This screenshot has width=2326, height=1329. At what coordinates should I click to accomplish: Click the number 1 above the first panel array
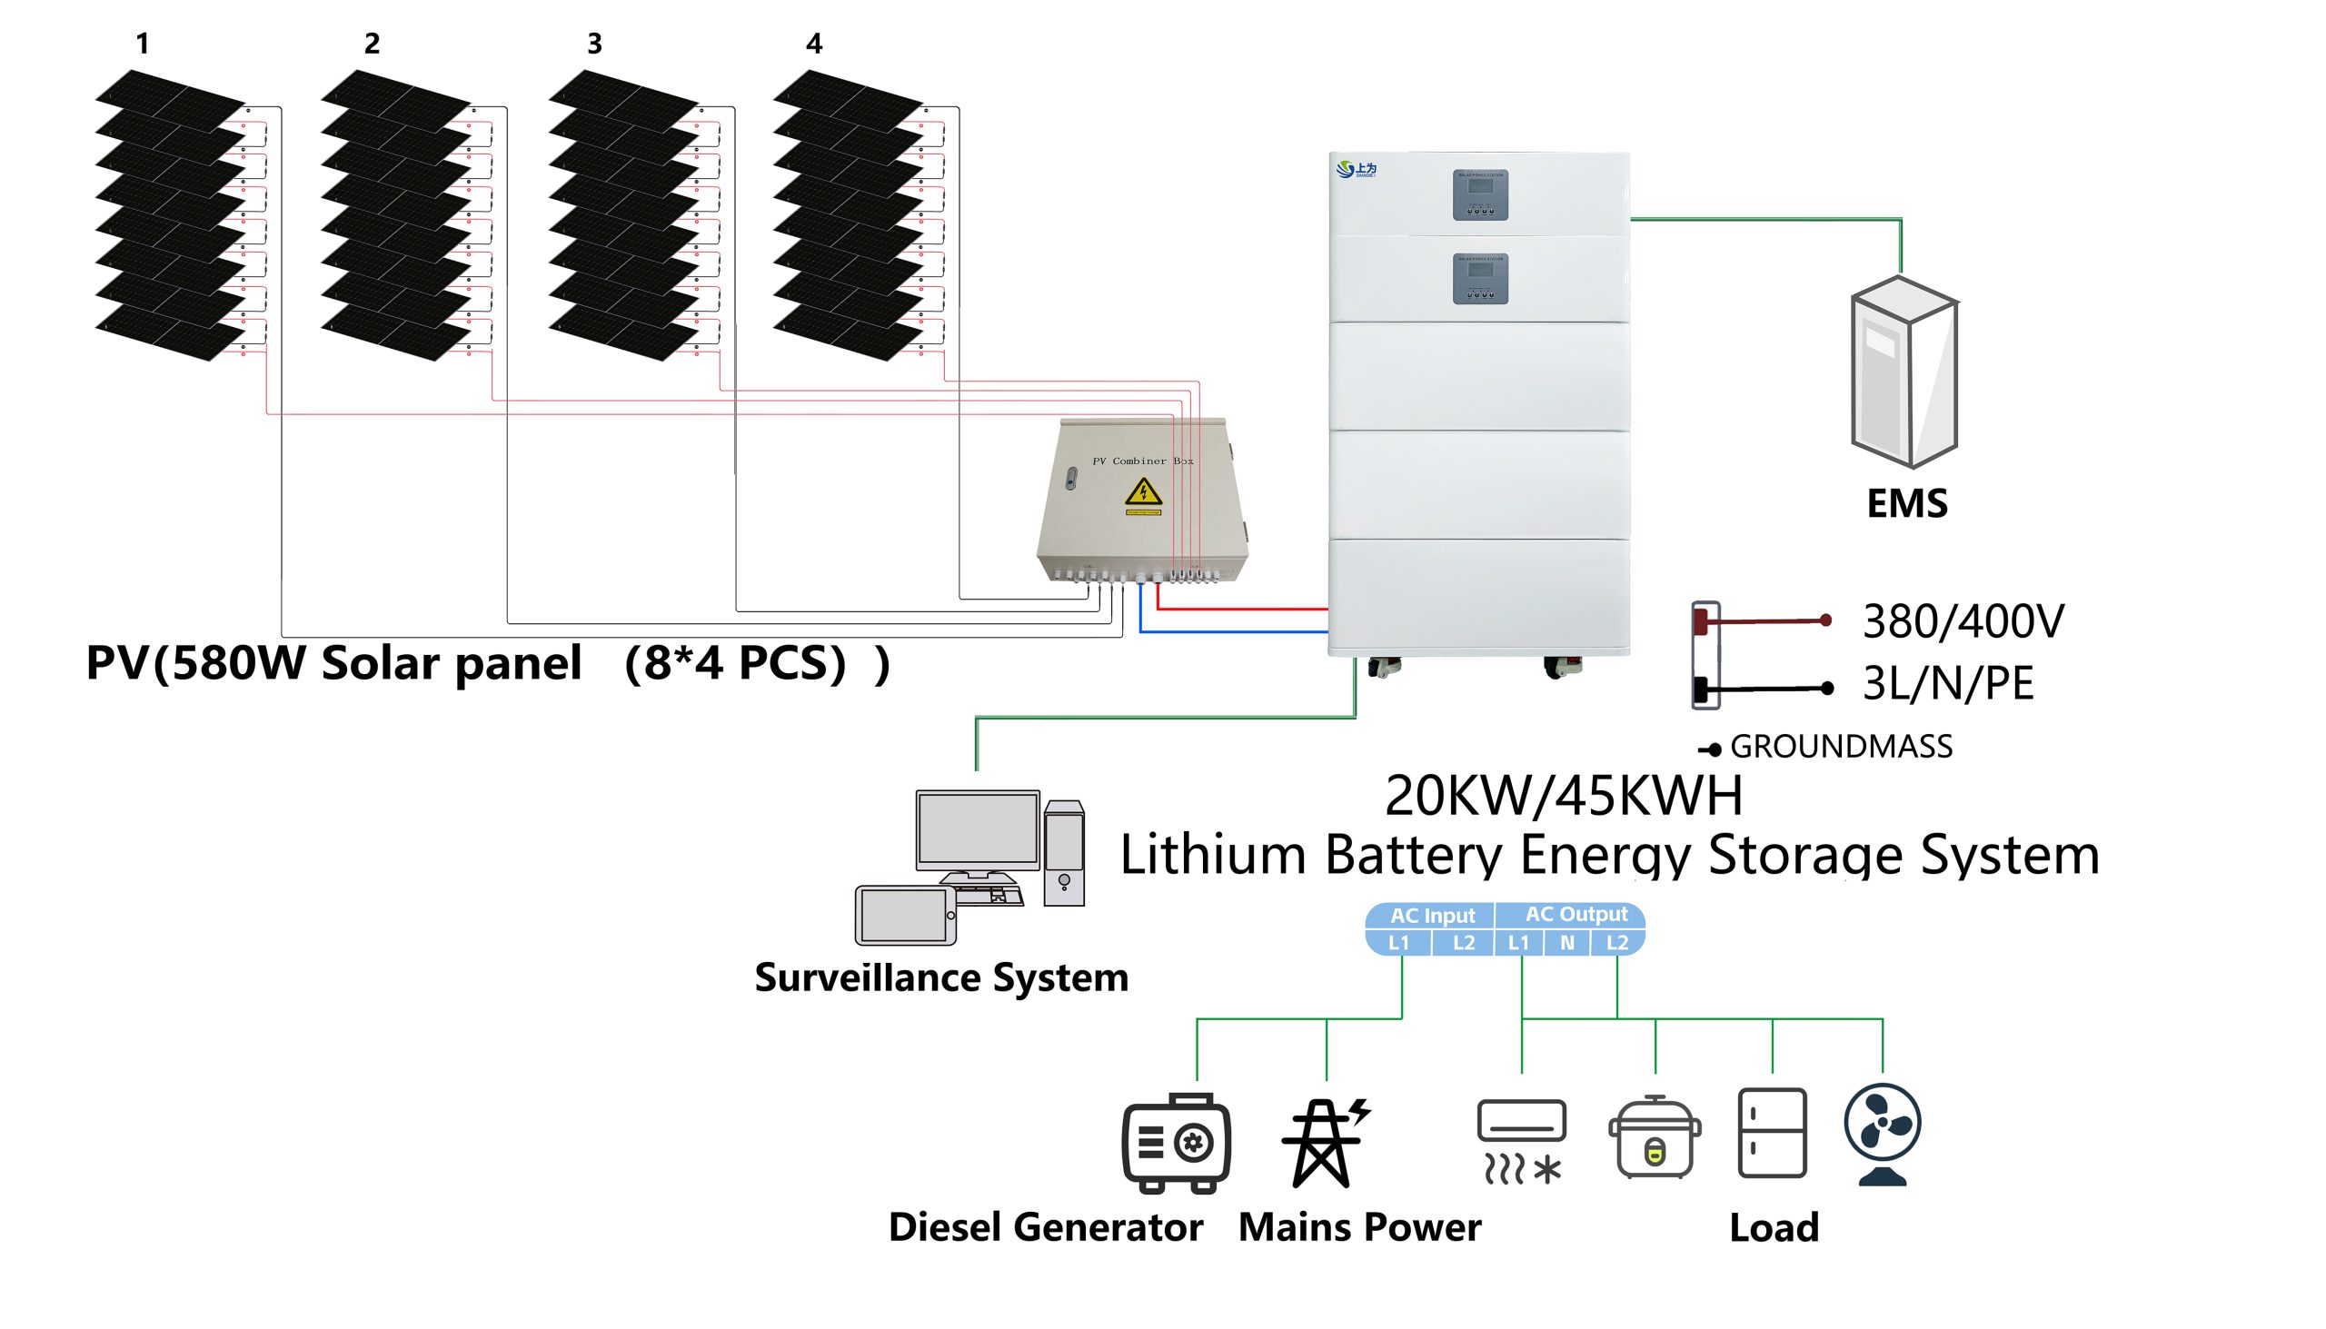pos(143,43)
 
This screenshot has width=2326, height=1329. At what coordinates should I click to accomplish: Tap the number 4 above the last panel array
pos(814,43)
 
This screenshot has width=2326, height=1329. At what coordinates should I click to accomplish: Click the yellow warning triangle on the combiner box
pos(1143,492)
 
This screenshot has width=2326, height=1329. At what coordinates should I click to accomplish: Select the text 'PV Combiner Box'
pos(1142,461)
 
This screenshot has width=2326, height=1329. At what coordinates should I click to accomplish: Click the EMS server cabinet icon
pos(1904,373)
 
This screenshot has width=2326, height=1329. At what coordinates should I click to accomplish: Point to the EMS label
pos(1907,504)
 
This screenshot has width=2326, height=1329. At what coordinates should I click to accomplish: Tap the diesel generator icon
pos(1176,1143)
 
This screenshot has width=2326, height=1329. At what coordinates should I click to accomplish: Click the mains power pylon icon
pos(1324,1143)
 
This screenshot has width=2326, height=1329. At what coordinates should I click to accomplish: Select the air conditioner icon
pos(1521,1141)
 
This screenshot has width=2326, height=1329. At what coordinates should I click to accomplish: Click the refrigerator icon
pos(1772,1133)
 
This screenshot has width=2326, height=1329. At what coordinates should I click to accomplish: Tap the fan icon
pos(1883,1133)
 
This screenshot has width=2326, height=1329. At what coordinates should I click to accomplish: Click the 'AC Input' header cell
pos(1431,916)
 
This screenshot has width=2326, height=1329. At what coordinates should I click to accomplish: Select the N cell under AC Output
pos(1566,943)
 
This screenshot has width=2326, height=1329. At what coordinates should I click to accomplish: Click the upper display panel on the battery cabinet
pos(1480,194)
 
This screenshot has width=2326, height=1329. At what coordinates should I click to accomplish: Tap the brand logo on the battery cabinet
pos(1356,169)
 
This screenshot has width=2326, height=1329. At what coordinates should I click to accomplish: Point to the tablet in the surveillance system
pos(905,916)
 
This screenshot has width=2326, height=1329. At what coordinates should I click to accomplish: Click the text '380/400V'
pos(1963,621)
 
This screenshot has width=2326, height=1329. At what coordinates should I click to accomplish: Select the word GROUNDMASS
pos(1840,747)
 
